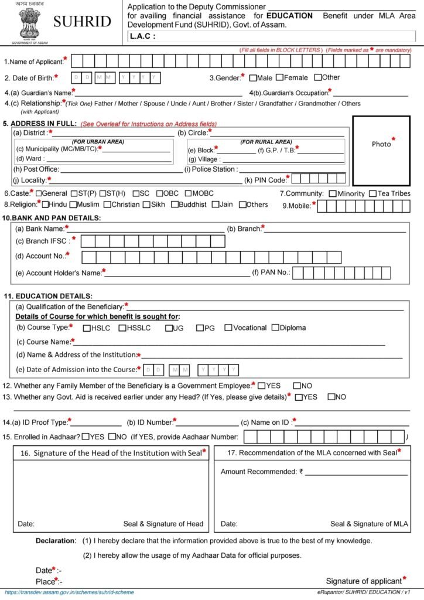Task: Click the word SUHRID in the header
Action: coord(82,22)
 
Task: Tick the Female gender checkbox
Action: coord(280,77)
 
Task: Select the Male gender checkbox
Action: coord(253,77)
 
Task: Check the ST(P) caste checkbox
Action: coord(75,193)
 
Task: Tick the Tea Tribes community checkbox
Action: coord(373,194)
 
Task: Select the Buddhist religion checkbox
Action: coord(175,204)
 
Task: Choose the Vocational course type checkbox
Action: coord(228,328)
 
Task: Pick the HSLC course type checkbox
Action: coord(87,328)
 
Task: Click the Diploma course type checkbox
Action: coord(275,328)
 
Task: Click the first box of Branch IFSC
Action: coord(87,241)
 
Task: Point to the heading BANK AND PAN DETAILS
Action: coord(52,218)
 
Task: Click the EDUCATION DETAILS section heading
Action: coord(48,296)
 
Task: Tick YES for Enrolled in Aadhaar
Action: coord(86,436)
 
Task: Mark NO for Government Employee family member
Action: coord(297,386)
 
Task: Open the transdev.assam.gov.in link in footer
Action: coord(69,592)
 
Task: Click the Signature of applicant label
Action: coord(363,581)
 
